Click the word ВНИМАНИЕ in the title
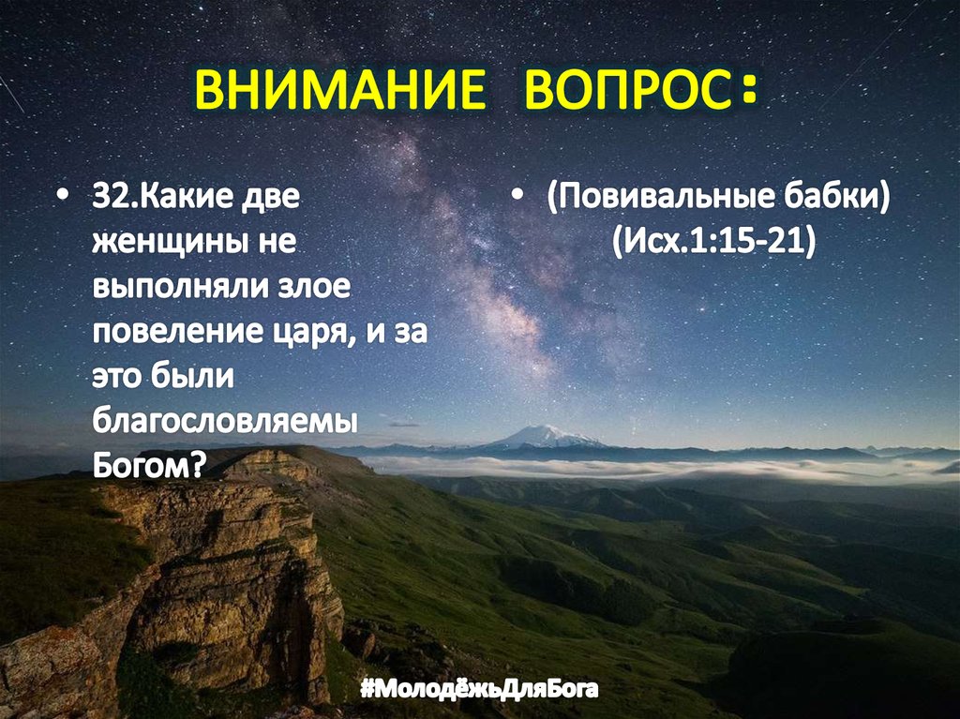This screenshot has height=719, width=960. tap(339, 92)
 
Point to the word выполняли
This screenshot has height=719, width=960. tap(172, 287)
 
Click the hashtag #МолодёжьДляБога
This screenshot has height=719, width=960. tap(479, 691)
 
